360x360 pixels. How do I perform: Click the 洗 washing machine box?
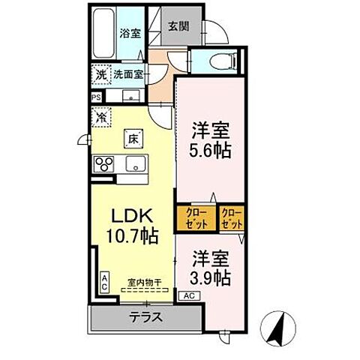point(100,75)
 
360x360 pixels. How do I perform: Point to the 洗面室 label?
point(129,74)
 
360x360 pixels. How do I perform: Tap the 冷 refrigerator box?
point(101,118)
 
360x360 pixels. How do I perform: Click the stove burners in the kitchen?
point(103,164)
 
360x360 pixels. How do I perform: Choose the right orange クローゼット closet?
point(232,218)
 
